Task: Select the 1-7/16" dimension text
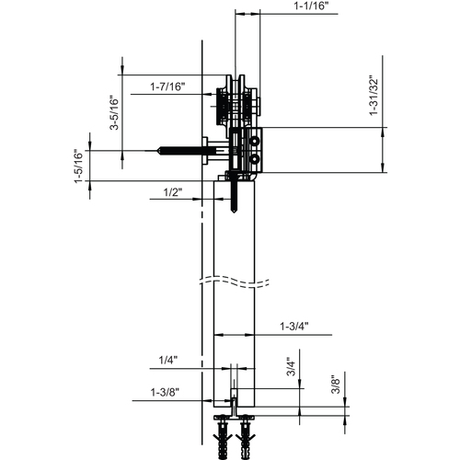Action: pos(168,86)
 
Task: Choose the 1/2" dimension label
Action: pos(172,192)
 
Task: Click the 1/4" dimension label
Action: pos(167,360)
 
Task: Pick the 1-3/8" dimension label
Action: pos(166,392)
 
